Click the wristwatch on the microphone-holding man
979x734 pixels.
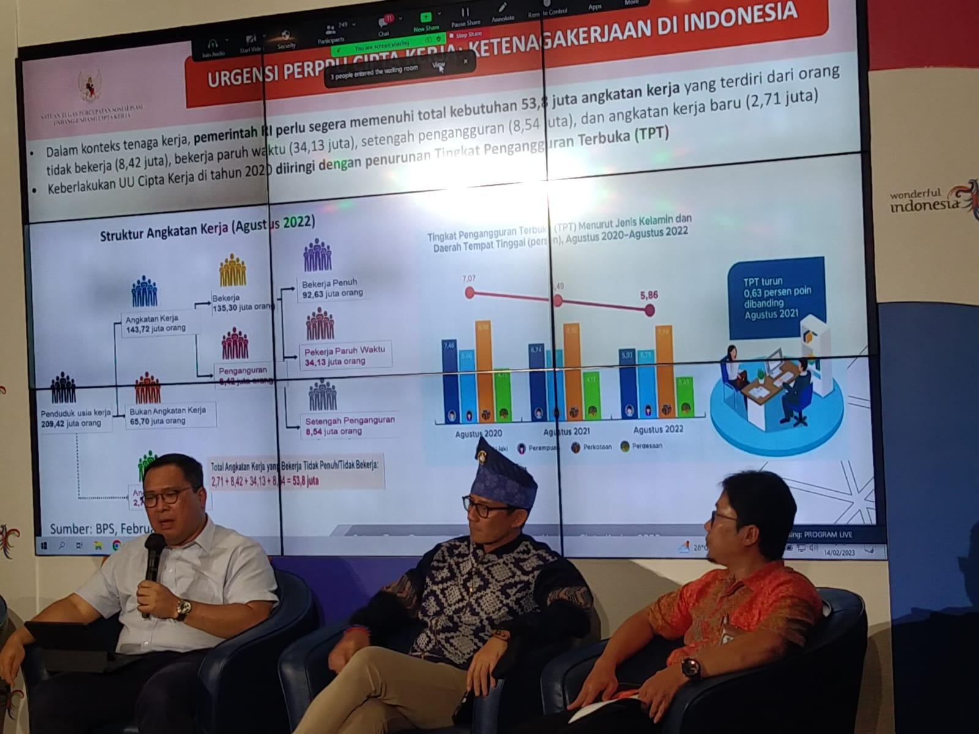(182, 609)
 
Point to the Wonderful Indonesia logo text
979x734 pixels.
(924, 200)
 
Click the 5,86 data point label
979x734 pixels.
(649, 295)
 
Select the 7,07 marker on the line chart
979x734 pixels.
(470, 292)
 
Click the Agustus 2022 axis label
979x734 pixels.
(658, 429)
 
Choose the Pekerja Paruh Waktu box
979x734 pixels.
(346, 355)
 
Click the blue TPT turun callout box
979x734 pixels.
(775, 298)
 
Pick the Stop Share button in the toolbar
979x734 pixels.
(468, 35)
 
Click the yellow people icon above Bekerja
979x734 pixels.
(233, 271)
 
